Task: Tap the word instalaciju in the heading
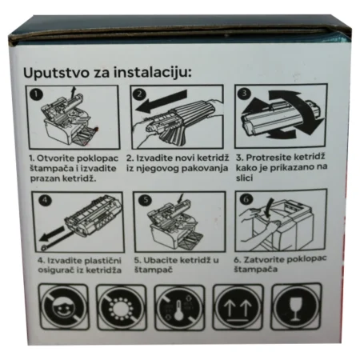coord(153,72)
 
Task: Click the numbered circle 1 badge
coord(36,94)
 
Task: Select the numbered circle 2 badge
coord(139,94)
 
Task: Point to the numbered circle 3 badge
coord(244,94)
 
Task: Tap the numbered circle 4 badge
coord(45,200)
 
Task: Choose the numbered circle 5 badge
coord(146,200)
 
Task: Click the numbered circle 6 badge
coord(246,199)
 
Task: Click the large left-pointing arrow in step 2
coord(162,102)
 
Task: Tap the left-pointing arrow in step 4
coord(53,234)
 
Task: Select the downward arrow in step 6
coord(270,206)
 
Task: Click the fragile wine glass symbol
coord(296,306)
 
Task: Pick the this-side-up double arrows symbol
coord(238,307)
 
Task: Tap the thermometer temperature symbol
coord(180,307)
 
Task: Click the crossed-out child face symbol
coord(63,307)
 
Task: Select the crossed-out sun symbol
coord(122,307)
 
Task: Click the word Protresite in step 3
coord(268,158)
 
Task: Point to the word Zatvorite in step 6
coord(263,259)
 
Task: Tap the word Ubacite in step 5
coord(160,260)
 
